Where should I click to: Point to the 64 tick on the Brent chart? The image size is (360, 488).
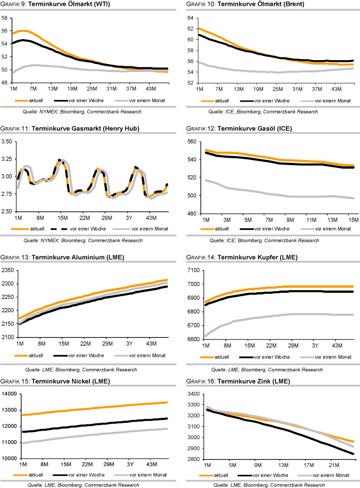click(x=191, y=18)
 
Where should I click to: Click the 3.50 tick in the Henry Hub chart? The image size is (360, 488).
click(x=7, y=142)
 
